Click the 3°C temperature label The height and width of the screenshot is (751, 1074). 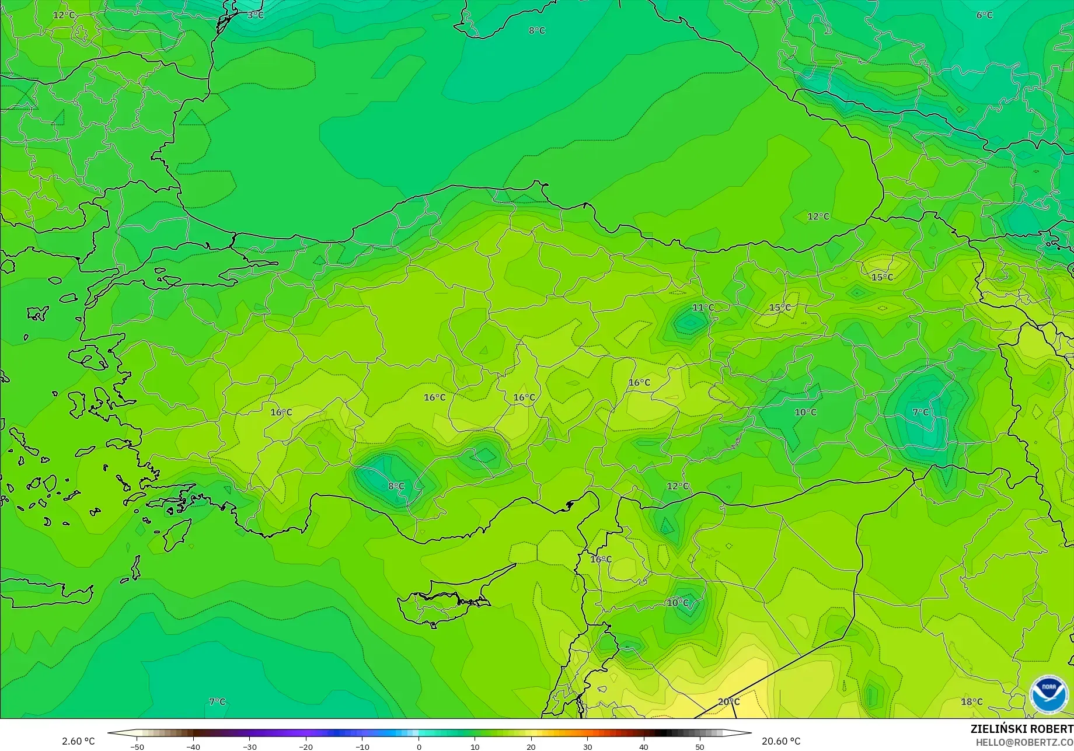pos(255,15)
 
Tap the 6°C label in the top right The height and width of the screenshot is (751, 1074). pos(984,15)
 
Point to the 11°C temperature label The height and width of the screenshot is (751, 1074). pos(703,308)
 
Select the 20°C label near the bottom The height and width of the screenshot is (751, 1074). pos(728,702)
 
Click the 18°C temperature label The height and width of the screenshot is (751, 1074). pos(971,702)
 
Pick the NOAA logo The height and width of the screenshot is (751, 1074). pos(1048,694)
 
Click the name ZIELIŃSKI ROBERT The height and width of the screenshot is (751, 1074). pos(1021,729)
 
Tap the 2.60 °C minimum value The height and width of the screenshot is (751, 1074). pos(78,741)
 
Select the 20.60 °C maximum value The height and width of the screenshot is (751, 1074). pos(781,741)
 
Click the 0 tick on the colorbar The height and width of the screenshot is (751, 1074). pos(419,746)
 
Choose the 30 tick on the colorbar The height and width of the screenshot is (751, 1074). pos(587,746)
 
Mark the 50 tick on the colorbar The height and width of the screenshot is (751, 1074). pos(700,746)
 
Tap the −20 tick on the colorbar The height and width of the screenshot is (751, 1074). pos(306,746)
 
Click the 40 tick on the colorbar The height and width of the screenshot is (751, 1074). pos(644,746)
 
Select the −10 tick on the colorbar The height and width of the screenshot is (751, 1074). pos(362,746)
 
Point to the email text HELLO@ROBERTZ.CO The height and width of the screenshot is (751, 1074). pos(1024,742)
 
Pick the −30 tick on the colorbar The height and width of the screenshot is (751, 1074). pos(249,746)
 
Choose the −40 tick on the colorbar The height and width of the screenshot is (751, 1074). pos(193,746)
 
